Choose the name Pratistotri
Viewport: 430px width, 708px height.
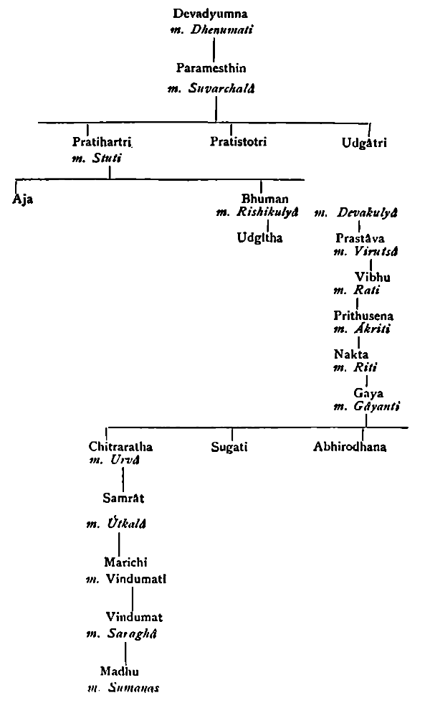(239, 141)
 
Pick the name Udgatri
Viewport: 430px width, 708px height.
(364, 142)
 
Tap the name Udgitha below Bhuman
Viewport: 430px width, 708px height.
(260, 237)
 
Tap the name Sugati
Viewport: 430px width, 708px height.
(229, 446)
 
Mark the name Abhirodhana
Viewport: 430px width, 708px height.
(350, 446)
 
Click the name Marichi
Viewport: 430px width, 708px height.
(124, 562)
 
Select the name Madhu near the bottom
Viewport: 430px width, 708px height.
(120, 671)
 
